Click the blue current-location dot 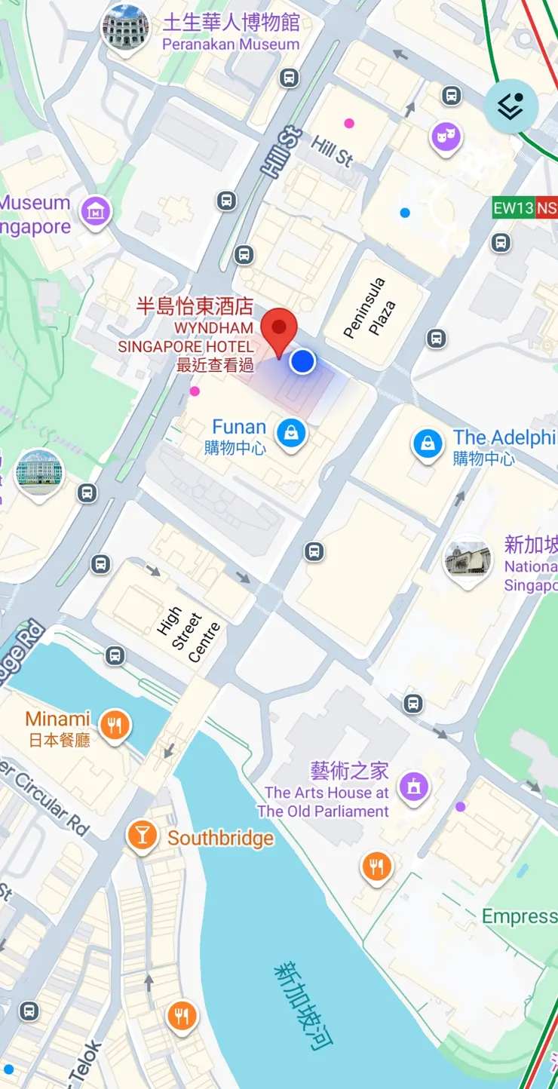(302, 361)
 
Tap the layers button (510, 106)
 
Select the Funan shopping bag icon (290, 433)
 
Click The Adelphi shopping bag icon (428, 443)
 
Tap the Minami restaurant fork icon (115, 725)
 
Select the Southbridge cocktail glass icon (142, 835)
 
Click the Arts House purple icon (413, 787)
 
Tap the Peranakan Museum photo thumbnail (125, 28)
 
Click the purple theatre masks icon (446, 137)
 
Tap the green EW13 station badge (514, 208)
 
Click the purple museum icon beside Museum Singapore (96, 211)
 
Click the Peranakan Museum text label (231, 44)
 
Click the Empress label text (519, 916)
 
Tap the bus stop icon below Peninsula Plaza (436, 338)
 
